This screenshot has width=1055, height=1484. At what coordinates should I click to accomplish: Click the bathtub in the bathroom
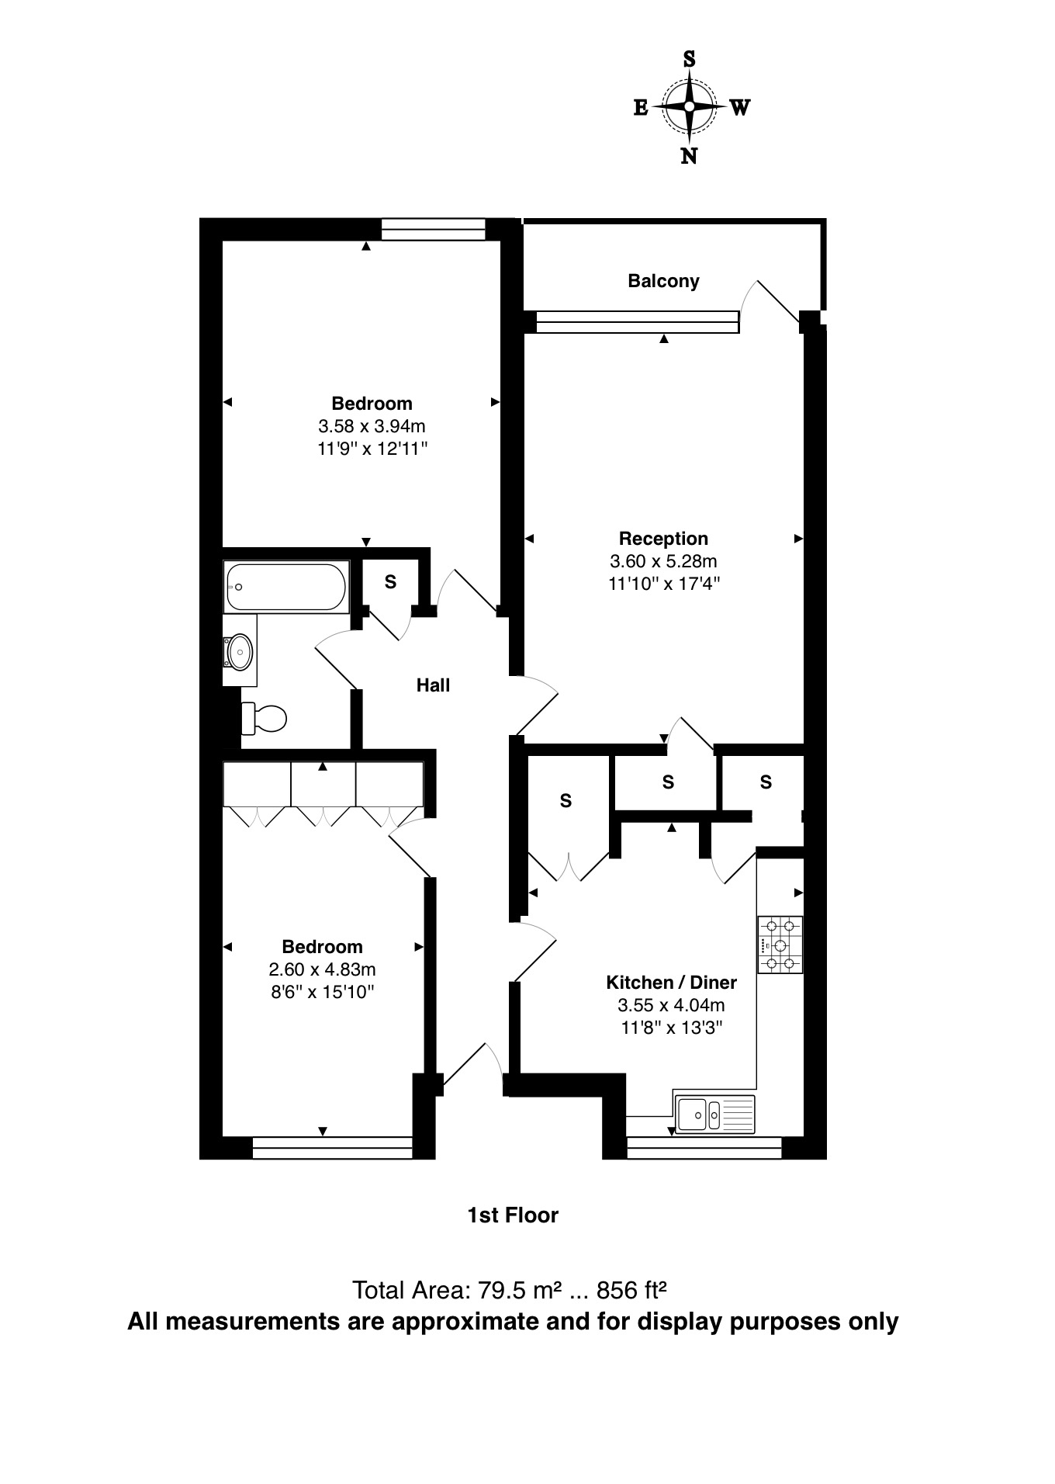pos(285,587)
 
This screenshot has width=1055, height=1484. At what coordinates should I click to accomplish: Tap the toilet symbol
pos(264,718)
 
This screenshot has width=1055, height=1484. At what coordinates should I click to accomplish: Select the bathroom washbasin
pos(240,651)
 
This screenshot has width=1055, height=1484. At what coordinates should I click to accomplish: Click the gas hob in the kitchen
pos(780,945)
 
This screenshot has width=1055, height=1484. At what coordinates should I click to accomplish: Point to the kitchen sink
pos(714,1115)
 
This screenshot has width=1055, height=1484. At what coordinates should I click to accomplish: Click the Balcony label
pos(663,281)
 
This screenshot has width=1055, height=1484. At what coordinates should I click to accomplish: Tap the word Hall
pos(433,685)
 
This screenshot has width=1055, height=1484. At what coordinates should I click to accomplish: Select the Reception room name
pos(663,539)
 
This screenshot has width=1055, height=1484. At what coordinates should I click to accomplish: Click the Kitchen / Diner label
pos(671,983)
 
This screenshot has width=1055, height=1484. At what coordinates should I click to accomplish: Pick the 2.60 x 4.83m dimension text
pos(322,969)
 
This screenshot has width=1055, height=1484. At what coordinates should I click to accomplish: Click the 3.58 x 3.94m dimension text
pos(372,426)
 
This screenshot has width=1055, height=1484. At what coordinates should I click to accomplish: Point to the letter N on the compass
pos(688,156)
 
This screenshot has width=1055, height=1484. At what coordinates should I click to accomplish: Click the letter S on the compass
pos(688,59)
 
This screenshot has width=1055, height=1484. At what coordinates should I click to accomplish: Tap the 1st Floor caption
pos(512,1215)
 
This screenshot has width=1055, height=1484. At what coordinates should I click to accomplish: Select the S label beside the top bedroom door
pos(390,581)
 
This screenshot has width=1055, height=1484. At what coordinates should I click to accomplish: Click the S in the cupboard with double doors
pos(566,800)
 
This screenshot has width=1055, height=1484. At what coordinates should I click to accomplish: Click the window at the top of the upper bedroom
pos(433,229)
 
